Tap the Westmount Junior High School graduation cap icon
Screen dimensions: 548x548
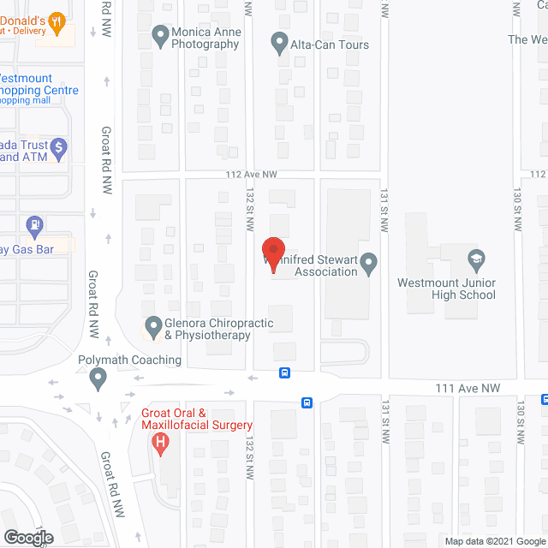tap(476, 259)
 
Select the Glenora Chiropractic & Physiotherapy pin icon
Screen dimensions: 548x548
tap(153, 326)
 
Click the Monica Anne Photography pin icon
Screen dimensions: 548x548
tap(159, 36)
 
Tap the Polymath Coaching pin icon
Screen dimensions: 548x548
tap(98, 377)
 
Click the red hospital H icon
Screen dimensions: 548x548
tap(158, 444)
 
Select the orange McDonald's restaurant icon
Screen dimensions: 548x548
tap(57, 22)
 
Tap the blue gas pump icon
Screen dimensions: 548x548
tap(35, 228)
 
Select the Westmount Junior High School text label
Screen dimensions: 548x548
tap(446, 289)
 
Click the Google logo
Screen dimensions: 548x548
tap(27, 538)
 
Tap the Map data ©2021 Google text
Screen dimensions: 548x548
tap(495, 540)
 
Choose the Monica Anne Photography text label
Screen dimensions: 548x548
tap(205, 39)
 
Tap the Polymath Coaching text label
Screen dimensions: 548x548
tap(129, 360)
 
